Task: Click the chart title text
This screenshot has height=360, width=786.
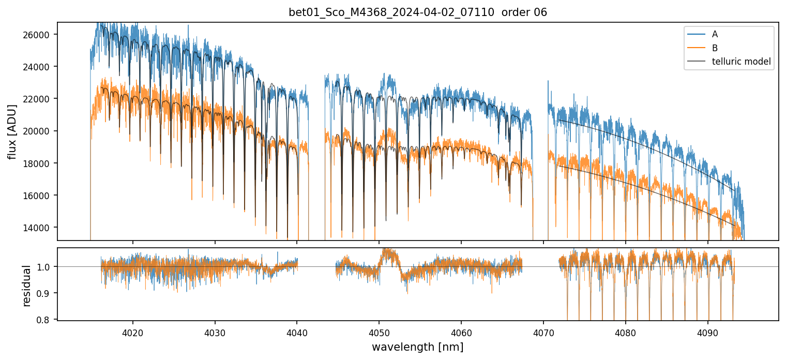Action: (418, 12)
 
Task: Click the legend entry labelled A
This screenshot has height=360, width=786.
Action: (715, 34)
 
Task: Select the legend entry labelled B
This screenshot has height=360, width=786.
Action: (715, 48)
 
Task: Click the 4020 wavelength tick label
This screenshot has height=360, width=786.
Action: (133, 332)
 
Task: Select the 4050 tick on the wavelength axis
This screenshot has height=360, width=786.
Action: (379, 332)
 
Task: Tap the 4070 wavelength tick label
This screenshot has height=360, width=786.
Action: (543, 332)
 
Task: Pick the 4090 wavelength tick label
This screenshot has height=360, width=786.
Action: (707, 332)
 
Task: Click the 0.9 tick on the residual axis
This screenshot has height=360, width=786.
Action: (44, 293)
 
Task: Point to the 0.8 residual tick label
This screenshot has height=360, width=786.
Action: (44, 320)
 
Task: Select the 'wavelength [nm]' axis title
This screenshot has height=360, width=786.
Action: (417, 347)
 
